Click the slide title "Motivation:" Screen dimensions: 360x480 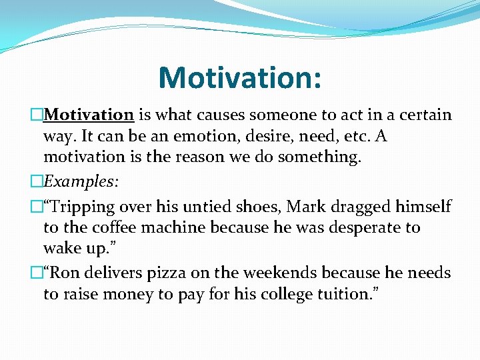(240, 77)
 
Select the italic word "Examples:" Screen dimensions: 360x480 (79, 182)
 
